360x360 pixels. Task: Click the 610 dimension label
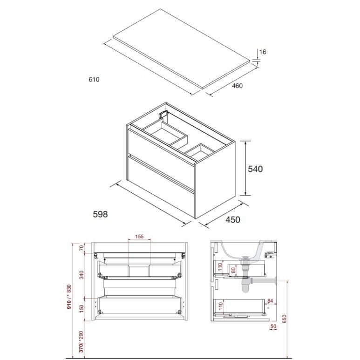[x=94, y=80]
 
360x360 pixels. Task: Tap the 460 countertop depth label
[x=237, y=86]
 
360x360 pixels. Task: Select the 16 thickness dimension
[x=263, y=52]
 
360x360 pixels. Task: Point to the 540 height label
[x=255, y=169]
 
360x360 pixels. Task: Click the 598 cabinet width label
[x=100, y=214]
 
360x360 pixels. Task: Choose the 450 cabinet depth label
[x=233, y=220]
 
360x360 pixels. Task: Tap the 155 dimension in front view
[x=139, y=236]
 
